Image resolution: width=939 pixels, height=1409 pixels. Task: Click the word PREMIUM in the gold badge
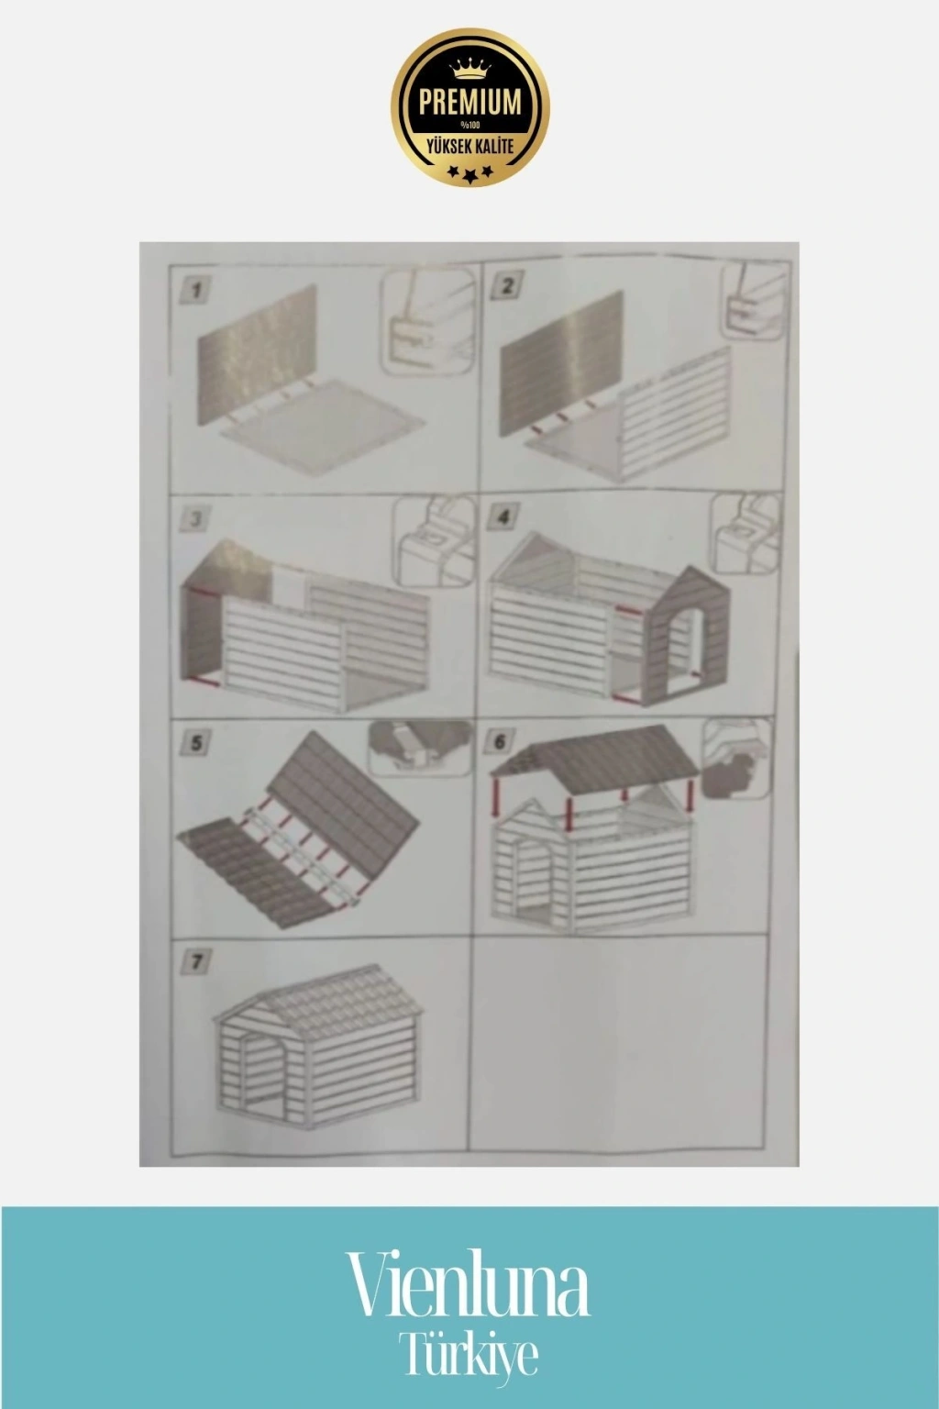[469, 101]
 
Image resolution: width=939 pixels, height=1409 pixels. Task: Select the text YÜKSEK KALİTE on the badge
[470, 147]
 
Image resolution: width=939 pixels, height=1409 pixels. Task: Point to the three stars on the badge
[469, 172]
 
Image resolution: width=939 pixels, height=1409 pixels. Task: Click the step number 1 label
[195, 291]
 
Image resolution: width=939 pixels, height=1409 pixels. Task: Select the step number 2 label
[506, 287]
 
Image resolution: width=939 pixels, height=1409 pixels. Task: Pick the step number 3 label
[195, 519]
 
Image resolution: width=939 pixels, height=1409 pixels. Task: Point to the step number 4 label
[503, 516]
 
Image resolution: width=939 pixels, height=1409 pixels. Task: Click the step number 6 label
[500, 741]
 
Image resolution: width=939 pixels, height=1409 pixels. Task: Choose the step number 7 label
[195, 961]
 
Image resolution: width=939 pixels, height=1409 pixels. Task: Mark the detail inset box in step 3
[434, 541]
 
